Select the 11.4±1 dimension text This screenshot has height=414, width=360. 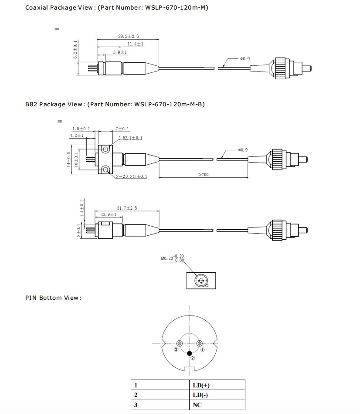136,44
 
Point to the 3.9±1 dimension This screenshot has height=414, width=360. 120,52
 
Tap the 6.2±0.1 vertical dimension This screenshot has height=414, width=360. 75,50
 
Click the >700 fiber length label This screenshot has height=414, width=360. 204,175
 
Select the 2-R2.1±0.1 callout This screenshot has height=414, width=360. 130,138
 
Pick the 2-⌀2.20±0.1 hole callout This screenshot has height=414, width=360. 132,176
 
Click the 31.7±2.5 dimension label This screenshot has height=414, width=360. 127,208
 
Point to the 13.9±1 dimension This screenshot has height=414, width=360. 108,215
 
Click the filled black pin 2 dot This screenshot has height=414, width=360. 189,353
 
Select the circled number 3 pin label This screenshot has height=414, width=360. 176,350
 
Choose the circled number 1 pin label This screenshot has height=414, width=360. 203,350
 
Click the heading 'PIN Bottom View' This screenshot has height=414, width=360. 53,298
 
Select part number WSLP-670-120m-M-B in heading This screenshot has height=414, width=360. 169,104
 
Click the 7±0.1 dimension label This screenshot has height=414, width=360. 122,129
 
